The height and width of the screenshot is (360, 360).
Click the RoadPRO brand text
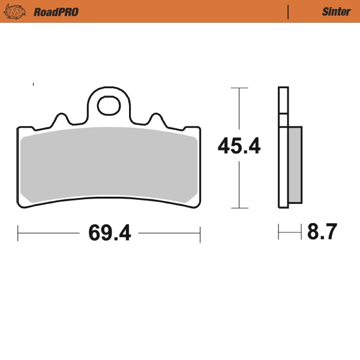[x=56, y=11]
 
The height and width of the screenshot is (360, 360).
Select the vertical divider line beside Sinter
[x=289, y=11]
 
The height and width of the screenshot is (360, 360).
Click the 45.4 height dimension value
[x=239, y=146]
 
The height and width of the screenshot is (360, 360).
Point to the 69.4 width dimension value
[x=109, y=232]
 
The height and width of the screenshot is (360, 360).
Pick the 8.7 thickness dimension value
[x=322, y=232]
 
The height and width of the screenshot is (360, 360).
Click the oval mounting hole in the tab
[x=109, y=105]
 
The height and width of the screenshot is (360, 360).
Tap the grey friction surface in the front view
[x=108, y=165]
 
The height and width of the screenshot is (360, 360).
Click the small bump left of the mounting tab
[x=61, y=117]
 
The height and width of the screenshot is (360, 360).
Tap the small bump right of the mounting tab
[x=156, y=117]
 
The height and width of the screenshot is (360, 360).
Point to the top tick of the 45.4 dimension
[x=239, y=88]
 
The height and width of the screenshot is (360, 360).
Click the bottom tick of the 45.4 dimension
[x=239, y=208]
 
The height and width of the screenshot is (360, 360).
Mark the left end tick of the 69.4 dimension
[x=18, y=232]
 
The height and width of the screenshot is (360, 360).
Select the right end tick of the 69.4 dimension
[x=200, y=232]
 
